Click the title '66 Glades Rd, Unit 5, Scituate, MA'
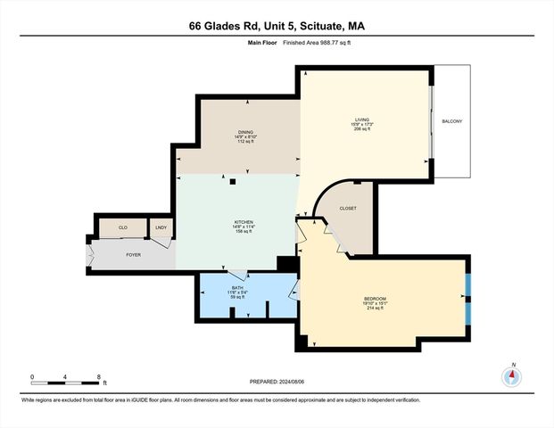pos(277,26)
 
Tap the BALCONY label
pos(452,121)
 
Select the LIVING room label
pos(361,118)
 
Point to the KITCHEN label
pos(244,221)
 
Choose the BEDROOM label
pos(376,296)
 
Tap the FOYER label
pos(133,255)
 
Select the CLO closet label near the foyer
pos(123,229)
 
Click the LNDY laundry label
pos(161,229)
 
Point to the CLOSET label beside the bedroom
pos(348,209)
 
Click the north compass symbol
pos(512,375)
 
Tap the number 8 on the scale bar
pos(97,377)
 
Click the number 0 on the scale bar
pos(31,377)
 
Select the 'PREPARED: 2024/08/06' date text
pos(277,382)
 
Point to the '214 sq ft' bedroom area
pos(376,308)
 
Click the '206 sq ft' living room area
pos(361,129)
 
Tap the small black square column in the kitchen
pos(231,181)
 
